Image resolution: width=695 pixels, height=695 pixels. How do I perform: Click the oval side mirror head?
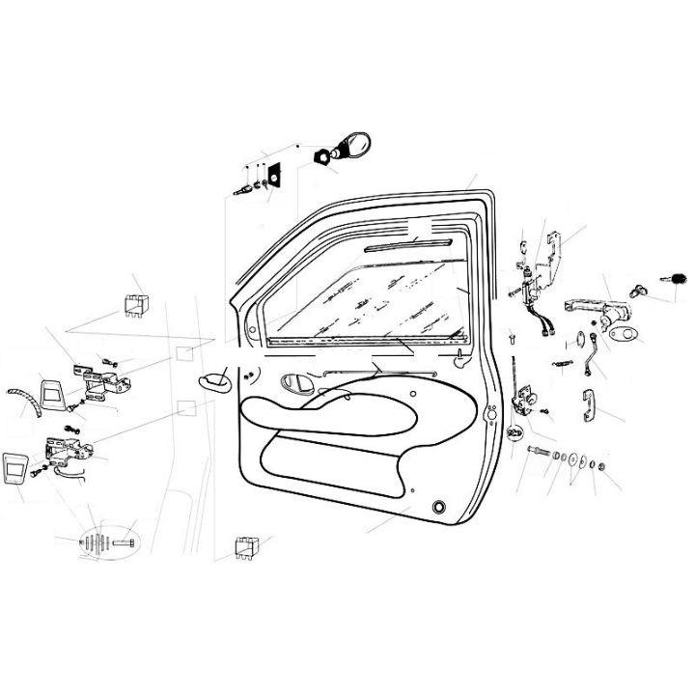[355, 146]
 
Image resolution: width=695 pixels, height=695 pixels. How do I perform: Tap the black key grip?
[679, 277]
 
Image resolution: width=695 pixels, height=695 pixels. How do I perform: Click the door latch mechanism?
[526, 399]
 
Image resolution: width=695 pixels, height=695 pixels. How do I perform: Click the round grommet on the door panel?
[441, 506]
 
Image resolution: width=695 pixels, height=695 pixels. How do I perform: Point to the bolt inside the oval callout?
[124, 542]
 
